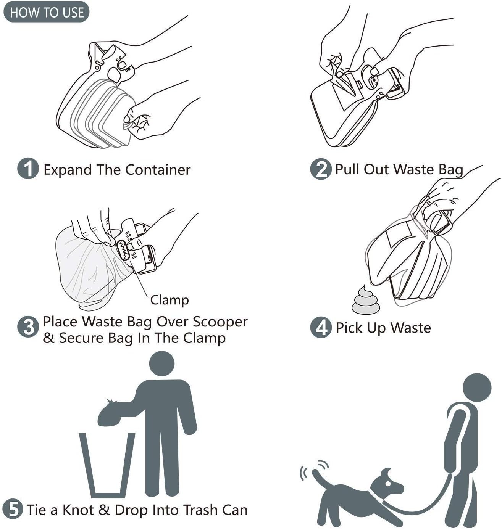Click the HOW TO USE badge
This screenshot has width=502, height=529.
46,12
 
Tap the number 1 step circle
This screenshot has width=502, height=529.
28,169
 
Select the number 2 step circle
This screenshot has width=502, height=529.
320,169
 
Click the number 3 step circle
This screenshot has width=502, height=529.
28,327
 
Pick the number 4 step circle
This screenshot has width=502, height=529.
320,327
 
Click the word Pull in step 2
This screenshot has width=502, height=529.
347,169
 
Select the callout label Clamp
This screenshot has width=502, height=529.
169,300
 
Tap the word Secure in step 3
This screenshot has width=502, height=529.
83,338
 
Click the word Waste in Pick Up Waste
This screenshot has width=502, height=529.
410,328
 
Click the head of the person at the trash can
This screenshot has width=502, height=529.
162,363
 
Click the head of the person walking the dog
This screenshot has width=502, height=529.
477,387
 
